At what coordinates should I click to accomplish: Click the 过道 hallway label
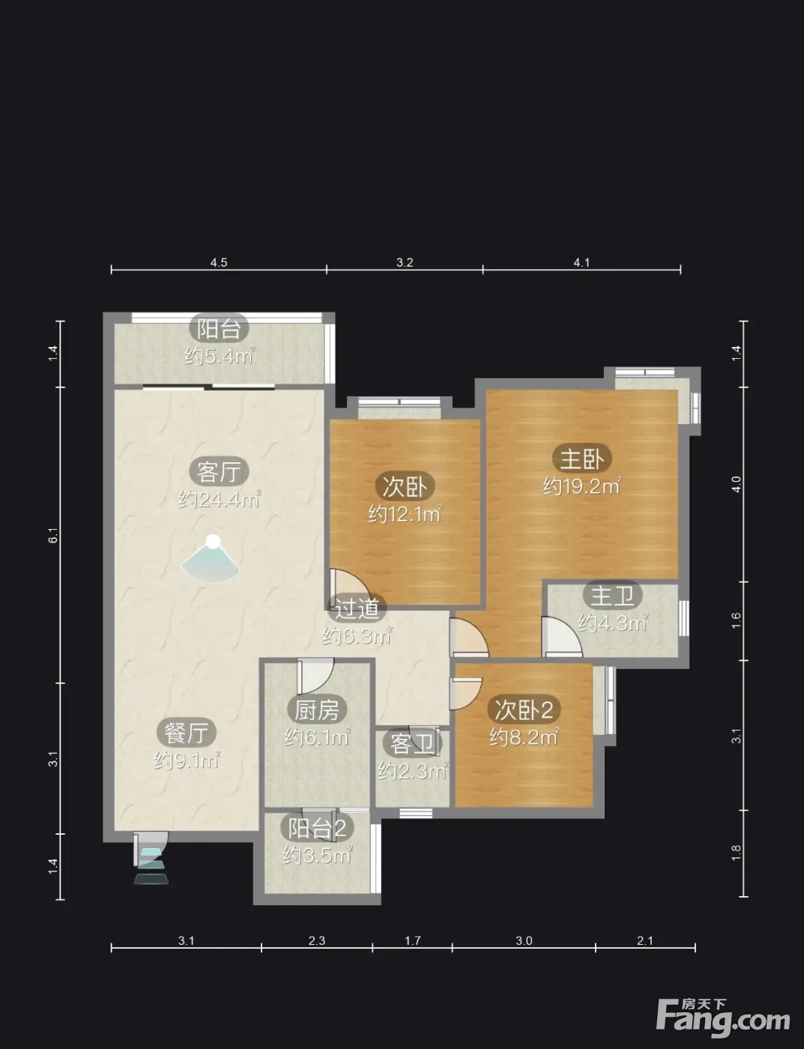point(357,608)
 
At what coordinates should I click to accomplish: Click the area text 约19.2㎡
point(582,486)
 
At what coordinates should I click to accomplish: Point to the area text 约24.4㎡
point(220,499)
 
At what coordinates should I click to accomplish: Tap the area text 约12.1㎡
point(405,514)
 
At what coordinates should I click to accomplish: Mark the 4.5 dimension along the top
point(219,262)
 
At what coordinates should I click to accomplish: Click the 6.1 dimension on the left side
point(53,535)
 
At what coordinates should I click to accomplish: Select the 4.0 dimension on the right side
point(736,484)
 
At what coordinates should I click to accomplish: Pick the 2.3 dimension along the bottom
point(317,940)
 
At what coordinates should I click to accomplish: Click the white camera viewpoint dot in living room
point(213,541)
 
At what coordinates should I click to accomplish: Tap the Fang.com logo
point(723,1018)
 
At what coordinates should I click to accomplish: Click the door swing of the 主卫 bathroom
point(562,637)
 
